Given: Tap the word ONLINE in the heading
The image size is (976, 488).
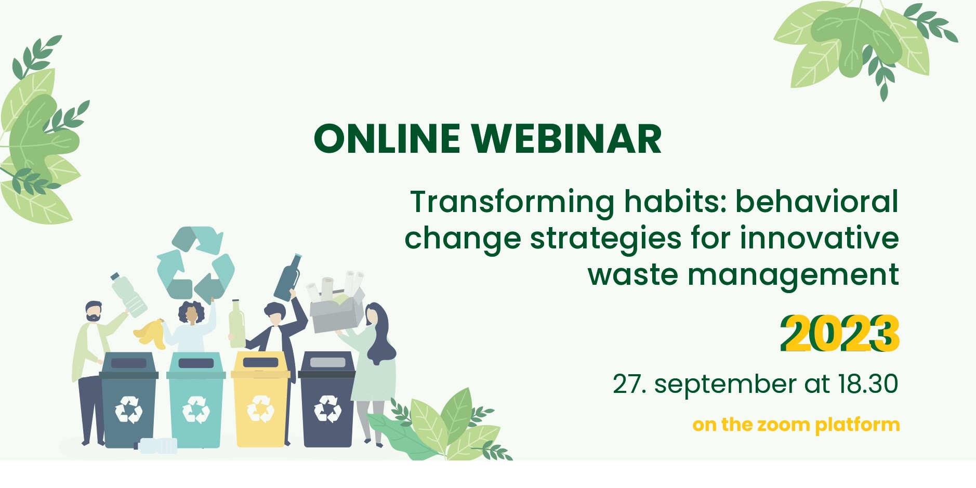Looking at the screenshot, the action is point(387,139).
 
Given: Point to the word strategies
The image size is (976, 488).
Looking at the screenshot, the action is point(605,239).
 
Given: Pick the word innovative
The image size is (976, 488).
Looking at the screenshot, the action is point(820,238).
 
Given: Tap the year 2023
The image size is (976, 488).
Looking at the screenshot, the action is point(839,334).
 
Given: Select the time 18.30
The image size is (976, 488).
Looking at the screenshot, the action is point(868,384).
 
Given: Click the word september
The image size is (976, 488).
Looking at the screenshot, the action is point(725,386).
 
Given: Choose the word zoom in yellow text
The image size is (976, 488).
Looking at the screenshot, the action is point(785,425).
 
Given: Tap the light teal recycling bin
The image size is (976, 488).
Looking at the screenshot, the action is point(196,400).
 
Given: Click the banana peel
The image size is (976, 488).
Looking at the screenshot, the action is point(151,333).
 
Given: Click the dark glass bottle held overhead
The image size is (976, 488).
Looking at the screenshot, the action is point(287,278).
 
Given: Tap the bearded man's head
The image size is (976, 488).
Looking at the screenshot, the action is point(94,311).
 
